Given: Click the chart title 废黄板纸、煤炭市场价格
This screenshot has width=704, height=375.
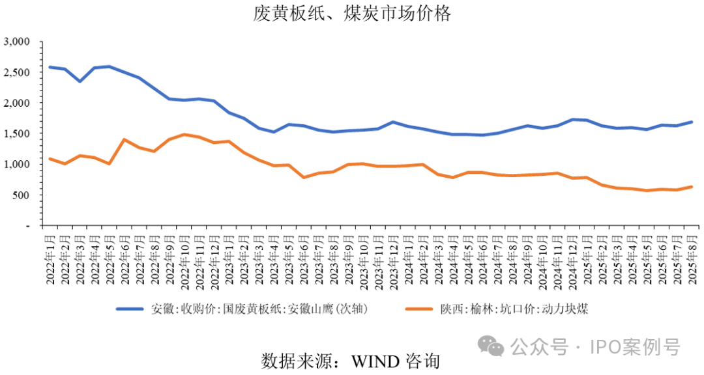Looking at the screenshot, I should (x=352, y=14).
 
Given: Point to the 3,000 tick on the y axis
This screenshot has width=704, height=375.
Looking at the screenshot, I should (x=18, y=42).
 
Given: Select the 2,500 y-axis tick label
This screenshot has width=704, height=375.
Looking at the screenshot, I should (x=18, y=73).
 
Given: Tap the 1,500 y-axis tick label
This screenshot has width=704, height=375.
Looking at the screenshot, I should (x=18, y=134).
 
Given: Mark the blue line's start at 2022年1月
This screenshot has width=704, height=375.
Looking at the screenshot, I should (x=50, y=67).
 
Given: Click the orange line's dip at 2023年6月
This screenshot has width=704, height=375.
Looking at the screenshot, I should (x=304, y=177).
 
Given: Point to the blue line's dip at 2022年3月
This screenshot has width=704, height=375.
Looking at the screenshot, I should (x=80, y=81).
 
